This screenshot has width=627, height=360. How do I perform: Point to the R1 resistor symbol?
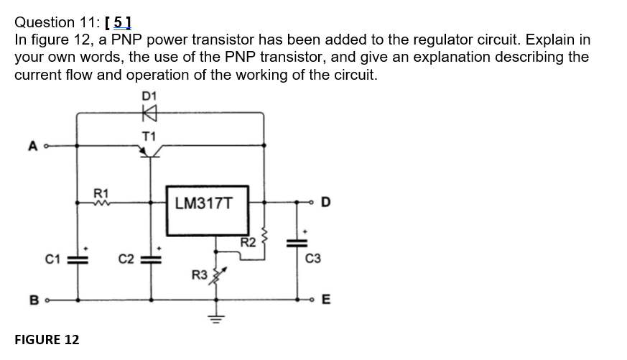[101, 203]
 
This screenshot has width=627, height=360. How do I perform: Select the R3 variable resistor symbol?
[213, 276]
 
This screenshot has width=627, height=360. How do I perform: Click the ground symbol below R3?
[213, 315]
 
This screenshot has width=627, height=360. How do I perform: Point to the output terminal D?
[314, 203]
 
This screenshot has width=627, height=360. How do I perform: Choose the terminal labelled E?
[314, 300]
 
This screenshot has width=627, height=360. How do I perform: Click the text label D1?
[149, 95]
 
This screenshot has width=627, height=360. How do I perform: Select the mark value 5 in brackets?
[118, 22]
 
